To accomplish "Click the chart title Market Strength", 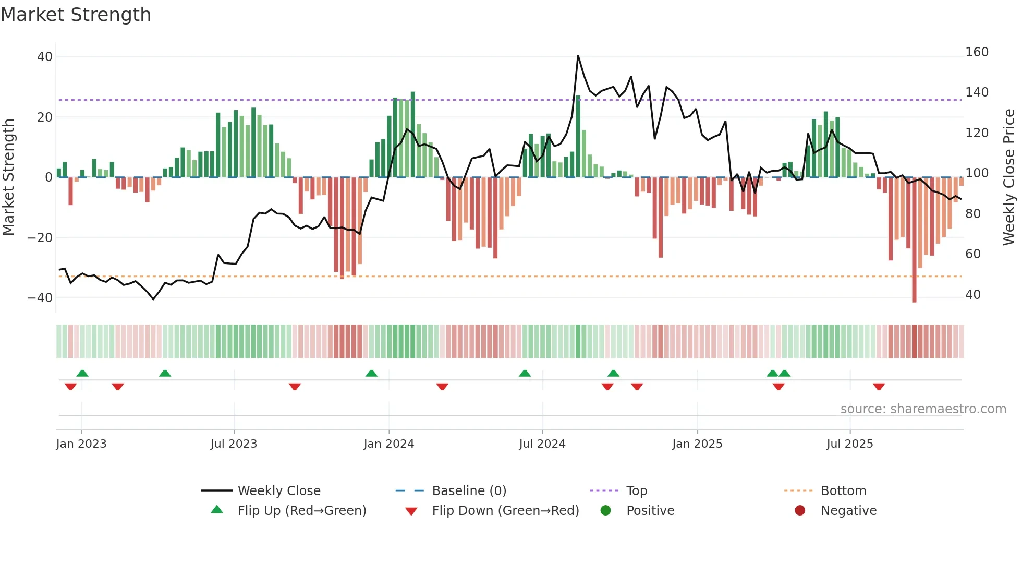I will [x=76, y=15].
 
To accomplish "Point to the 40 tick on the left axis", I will [x=45, y=56].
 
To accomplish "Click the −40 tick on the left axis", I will [x=40, y=298].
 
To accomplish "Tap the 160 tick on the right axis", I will [x=977, y=52].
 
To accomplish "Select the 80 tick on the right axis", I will [x=973, y=213].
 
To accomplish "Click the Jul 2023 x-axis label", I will [x=234, y=444].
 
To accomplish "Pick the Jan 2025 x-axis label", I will [x=697, y=444].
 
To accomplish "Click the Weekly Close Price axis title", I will [x=1009, y=177].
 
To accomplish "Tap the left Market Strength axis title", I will [x=8, y=177].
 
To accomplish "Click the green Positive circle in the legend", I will [x=605, y=511].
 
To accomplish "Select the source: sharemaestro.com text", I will [x=923, y=409].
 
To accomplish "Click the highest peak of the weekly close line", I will [x=578, y=56].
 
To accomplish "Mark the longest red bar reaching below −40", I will [x=914, y=240].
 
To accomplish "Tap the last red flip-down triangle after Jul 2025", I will [x=879, y=387].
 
